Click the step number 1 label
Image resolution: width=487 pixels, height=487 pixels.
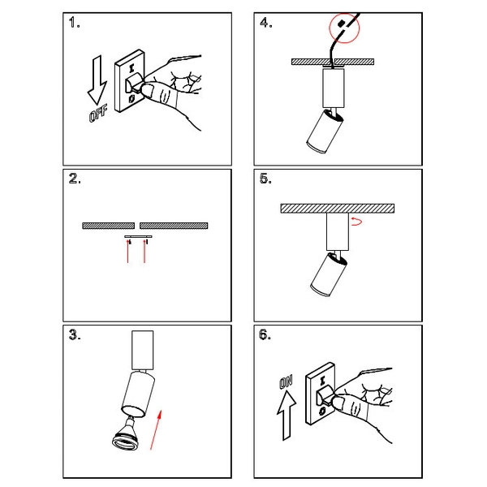click(x=74, y=23)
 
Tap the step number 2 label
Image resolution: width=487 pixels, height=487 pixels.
click(x=75, y=179)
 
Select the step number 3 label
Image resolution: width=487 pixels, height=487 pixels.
click(x=75, y=334)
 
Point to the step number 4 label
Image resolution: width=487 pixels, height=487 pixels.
click(x=266, y=23)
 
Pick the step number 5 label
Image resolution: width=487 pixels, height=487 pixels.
click(x=265, y=179)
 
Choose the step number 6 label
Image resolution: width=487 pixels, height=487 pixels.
click(x=265, y=334)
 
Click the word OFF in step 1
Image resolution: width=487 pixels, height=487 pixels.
click(x=98, y=114)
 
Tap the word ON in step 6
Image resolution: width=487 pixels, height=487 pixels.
click(x=286, y=382)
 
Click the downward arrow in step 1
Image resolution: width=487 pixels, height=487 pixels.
click(x=97, y=80)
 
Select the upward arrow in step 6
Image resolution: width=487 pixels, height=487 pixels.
click(x=287, y=416)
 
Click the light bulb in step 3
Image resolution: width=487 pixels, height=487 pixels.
click(x=126, y=434)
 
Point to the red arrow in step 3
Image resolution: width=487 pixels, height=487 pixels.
click(x=156, y=430)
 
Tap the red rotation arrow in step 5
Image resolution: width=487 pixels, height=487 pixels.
click(x=356, y=221)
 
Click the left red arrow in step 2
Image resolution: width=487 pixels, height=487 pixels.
click(x=128, y=251)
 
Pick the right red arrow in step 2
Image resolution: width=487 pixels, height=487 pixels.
click(x=144, y=251)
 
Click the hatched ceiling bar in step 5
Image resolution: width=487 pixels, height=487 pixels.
click(x=338, y=209)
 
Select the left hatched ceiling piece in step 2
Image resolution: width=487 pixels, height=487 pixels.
click(x=109, y=226)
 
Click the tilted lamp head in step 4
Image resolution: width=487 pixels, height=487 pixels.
click(x=325, y=131)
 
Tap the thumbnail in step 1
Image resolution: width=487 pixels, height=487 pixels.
click(x=149, y=91)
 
